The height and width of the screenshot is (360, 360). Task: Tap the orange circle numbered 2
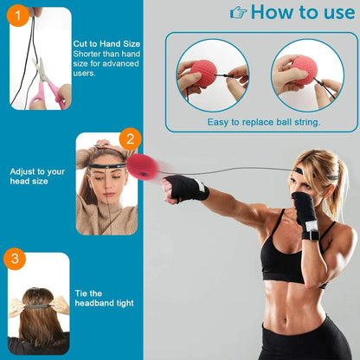point(130,139)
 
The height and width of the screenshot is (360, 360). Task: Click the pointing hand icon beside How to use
point(238,12)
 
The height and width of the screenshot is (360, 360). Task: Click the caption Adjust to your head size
point(36,177)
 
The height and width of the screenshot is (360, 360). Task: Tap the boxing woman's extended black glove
point(184,187)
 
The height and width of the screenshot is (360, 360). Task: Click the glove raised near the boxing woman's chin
point(304,209)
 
